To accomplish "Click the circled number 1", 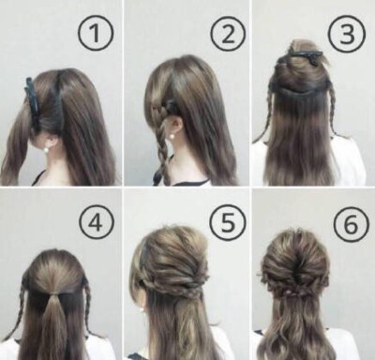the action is (x=96, y=33).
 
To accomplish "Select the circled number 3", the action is (x=347, y=34).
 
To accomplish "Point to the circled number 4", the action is (x=97, y=222).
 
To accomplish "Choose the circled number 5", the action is (x=228, y=222).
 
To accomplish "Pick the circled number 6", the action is (x=352, y=223).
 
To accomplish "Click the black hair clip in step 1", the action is (x=33, y=103).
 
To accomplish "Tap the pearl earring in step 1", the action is (x=47, y=150).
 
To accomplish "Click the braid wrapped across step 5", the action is (x=175, y=288).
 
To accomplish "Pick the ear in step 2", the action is (x=177, y=125).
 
